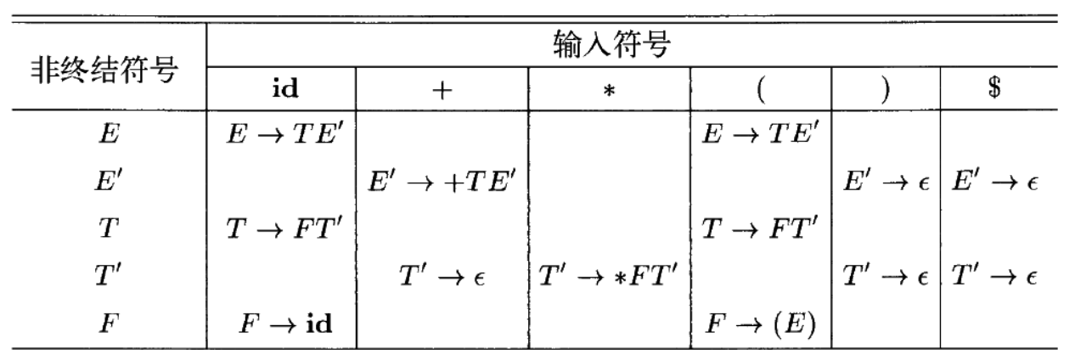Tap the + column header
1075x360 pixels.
pos(441,90)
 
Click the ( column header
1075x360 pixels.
pos(759,90)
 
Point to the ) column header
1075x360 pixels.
pos(884,90)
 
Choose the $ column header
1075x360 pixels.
pos(997,90)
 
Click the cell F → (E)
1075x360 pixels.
pos(760,325)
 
